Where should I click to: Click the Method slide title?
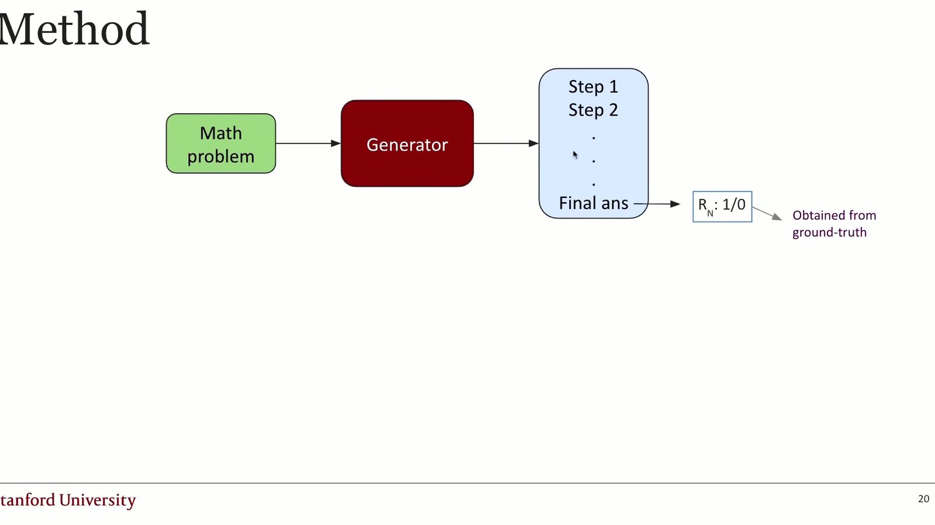(x=74, y=29)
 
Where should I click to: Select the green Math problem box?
(x=221, y=144)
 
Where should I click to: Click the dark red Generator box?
(x=407, y=144)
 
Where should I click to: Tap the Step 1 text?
(x=593, y=87)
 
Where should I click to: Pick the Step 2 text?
(x=593, y=110)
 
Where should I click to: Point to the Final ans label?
(x=593, y=203)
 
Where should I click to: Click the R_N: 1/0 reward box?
(x=722, y=206)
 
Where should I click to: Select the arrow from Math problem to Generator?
(x=308, y=144)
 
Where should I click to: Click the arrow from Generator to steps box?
(x=506, y=144)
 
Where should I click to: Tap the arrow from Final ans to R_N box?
(x=657, y=204)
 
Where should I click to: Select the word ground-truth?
(x=829, y=232)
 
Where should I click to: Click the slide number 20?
(x=923, y=499)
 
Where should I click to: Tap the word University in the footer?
(x=97, y=500)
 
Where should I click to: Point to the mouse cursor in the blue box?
(x=575, y=155)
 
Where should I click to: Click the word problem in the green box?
(x=221, y=157)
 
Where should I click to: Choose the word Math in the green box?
(x=221, y=133)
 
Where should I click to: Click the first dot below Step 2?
(x=594, y=138)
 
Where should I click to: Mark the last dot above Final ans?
(x=594, y=184)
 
